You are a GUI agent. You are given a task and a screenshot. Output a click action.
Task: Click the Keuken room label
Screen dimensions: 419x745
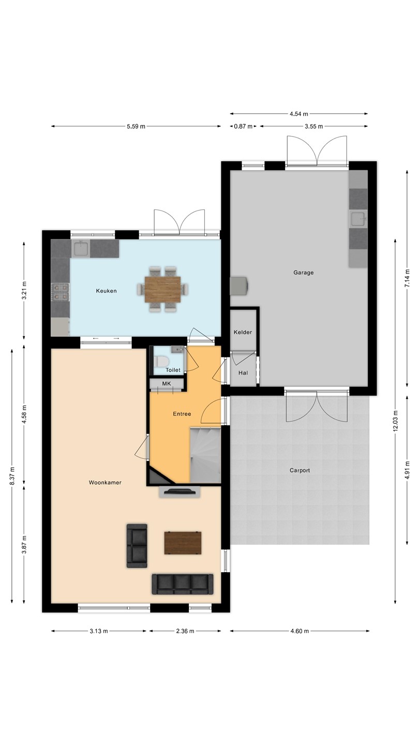(x=106, y=291)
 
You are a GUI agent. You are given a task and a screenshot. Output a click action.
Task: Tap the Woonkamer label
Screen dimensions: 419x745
(x=105, y=482)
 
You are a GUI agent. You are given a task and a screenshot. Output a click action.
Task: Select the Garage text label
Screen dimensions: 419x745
(x=303, y=272)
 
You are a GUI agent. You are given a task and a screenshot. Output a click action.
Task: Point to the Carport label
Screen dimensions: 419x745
(x=300, y=470)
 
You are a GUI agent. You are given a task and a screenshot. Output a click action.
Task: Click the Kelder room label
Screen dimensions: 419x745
(x=243, y=332)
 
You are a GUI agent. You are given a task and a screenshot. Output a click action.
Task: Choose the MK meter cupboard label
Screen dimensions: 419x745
(x=166, y=383)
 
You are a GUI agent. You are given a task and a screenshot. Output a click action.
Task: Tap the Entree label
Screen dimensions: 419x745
(x=182, y=414)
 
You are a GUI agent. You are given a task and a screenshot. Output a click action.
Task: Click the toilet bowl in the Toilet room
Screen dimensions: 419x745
(x=161, y=361)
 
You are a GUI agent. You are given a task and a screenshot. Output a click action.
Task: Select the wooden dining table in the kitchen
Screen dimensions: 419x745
(x=163, y=289)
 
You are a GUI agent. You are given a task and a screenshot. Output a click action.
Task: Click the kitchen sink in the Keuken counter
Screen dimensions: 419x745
(x=81, y=248)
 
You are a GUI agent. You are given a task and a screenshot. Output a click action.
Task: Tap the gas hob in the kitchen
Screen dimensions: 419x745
(x=60, y=292)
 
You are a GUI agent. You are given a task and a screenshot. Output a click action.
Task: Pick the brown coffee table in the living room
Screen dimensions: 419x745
(x=183, y=543)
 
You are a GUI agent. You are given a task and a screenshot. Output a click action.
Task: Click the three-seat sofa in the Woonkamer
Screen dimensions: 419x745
(x=183, y=584)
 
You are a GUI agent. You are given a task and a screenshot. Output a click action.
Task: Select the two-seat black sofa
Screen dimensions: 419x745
(x=137, y=546)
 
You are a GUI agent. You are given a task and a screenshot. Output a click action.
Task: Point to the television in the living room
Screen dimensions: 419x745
(x=179, y=491)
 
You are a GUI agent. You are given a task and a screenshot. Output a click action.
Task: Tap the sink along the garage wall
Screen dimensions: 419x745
(x=358, y=219)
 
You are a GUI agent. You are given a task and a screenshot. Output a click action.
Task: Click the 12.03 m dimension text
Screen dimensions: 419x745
(x=395, y=421)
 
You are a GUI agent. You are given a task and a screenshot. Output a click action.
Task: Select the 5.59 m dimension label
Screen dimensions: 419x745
(x=136, y=126)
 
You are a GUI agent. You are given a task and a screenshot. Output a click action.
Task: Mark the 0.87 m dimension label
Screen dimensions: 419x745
(x=243, y=126)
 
